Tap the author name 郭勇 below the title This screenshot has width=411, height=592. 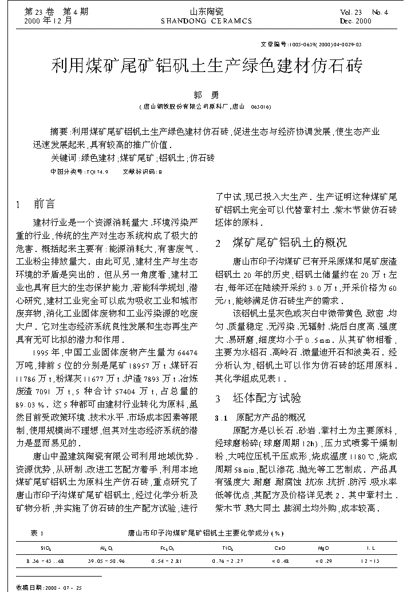[x=204, y=95]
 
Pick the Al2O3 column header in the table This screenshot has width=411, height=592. [x=106, y=548]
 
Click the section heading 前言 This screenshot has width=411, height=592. [x=45, y=204]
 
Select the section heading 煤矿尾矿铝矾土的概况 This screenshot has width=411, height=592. [x=289, y=242]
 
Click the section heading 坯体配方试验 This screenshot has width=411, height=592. [x=267, y=398]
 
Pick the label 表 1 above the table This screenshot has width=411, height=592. [x=37, y=533]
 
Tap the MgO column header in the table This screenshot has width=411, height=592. [x=324, y=548]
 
